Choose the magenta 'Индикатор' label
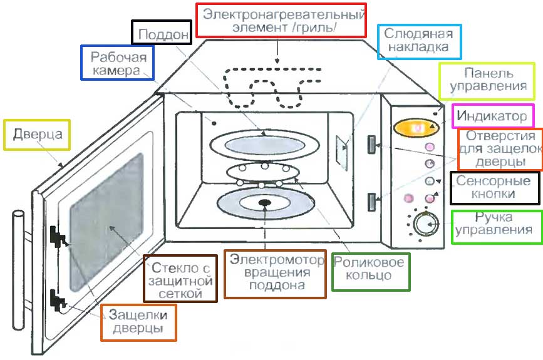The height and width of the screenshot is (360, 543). click(492, 116)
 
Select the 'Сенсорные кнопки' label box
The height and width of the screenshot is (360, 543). click(494, 188)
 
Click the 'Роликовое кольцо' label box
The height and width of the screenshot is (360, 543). click(370, 271)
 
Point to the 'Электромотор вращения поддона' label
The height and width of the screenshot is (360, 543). click(276, 274)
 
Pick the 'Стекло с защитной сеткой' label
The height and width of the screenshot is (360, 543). click(180, 278)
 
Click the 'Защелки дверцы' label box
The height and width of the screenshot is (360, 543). click(138, 322)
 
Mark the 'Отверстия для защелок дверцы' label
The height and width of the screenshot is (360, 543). click(500, 149)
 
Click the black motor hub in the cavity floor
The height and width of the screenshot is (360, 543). click(265, 202)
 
